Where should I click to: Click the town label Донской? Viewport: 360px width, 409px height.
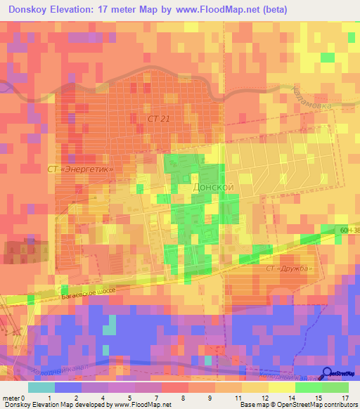pyautogui.click(x=212, y=188)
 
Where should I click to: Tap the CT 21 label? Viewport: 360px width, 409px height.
pyautogui.click(x=159, y=119)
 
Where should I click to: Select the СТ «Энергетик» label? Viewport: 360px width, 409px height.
pyautogui.click(x=80, y=169)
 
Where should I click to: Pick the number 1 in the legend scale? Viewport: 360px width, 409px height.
pyautogui.click(x=49, y=398)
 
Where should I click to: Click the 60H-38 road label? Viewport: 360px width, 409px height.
pyautogui.click(x=349, y=230)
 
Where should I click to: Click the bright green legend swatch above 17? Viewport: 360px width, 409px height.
pyautogui.click(x=335, y=387)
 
